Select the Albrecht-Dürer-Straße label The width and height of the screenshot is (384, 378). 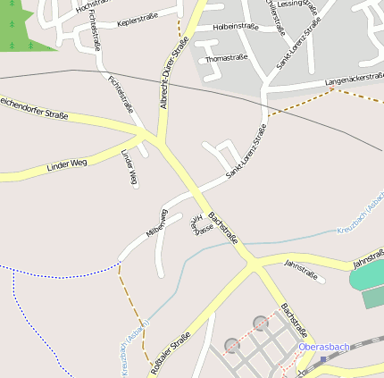[x=174, y=79]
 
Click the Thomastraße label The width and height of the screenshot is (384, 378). [x=225, y=59]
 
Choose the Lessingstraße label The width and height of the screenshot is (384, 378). [x=297, y=4]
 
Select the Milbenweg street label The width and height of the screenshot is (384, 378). [x=156, y=223]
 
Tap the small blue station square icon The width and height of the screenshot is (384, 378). [x=323, y=360]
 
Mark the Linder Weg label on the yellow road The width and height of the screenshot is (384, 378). [x=67, y=164]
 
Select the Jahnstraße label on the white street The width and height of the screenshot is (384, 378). [x=301, y=265]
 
